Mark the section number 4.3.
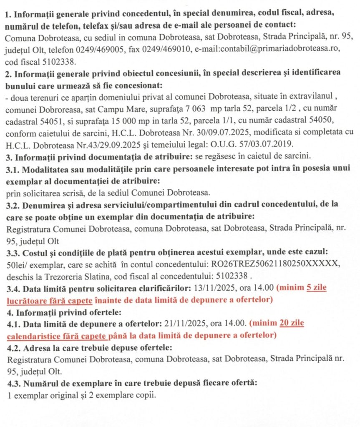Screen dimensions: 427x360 [x=15, y=383]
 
